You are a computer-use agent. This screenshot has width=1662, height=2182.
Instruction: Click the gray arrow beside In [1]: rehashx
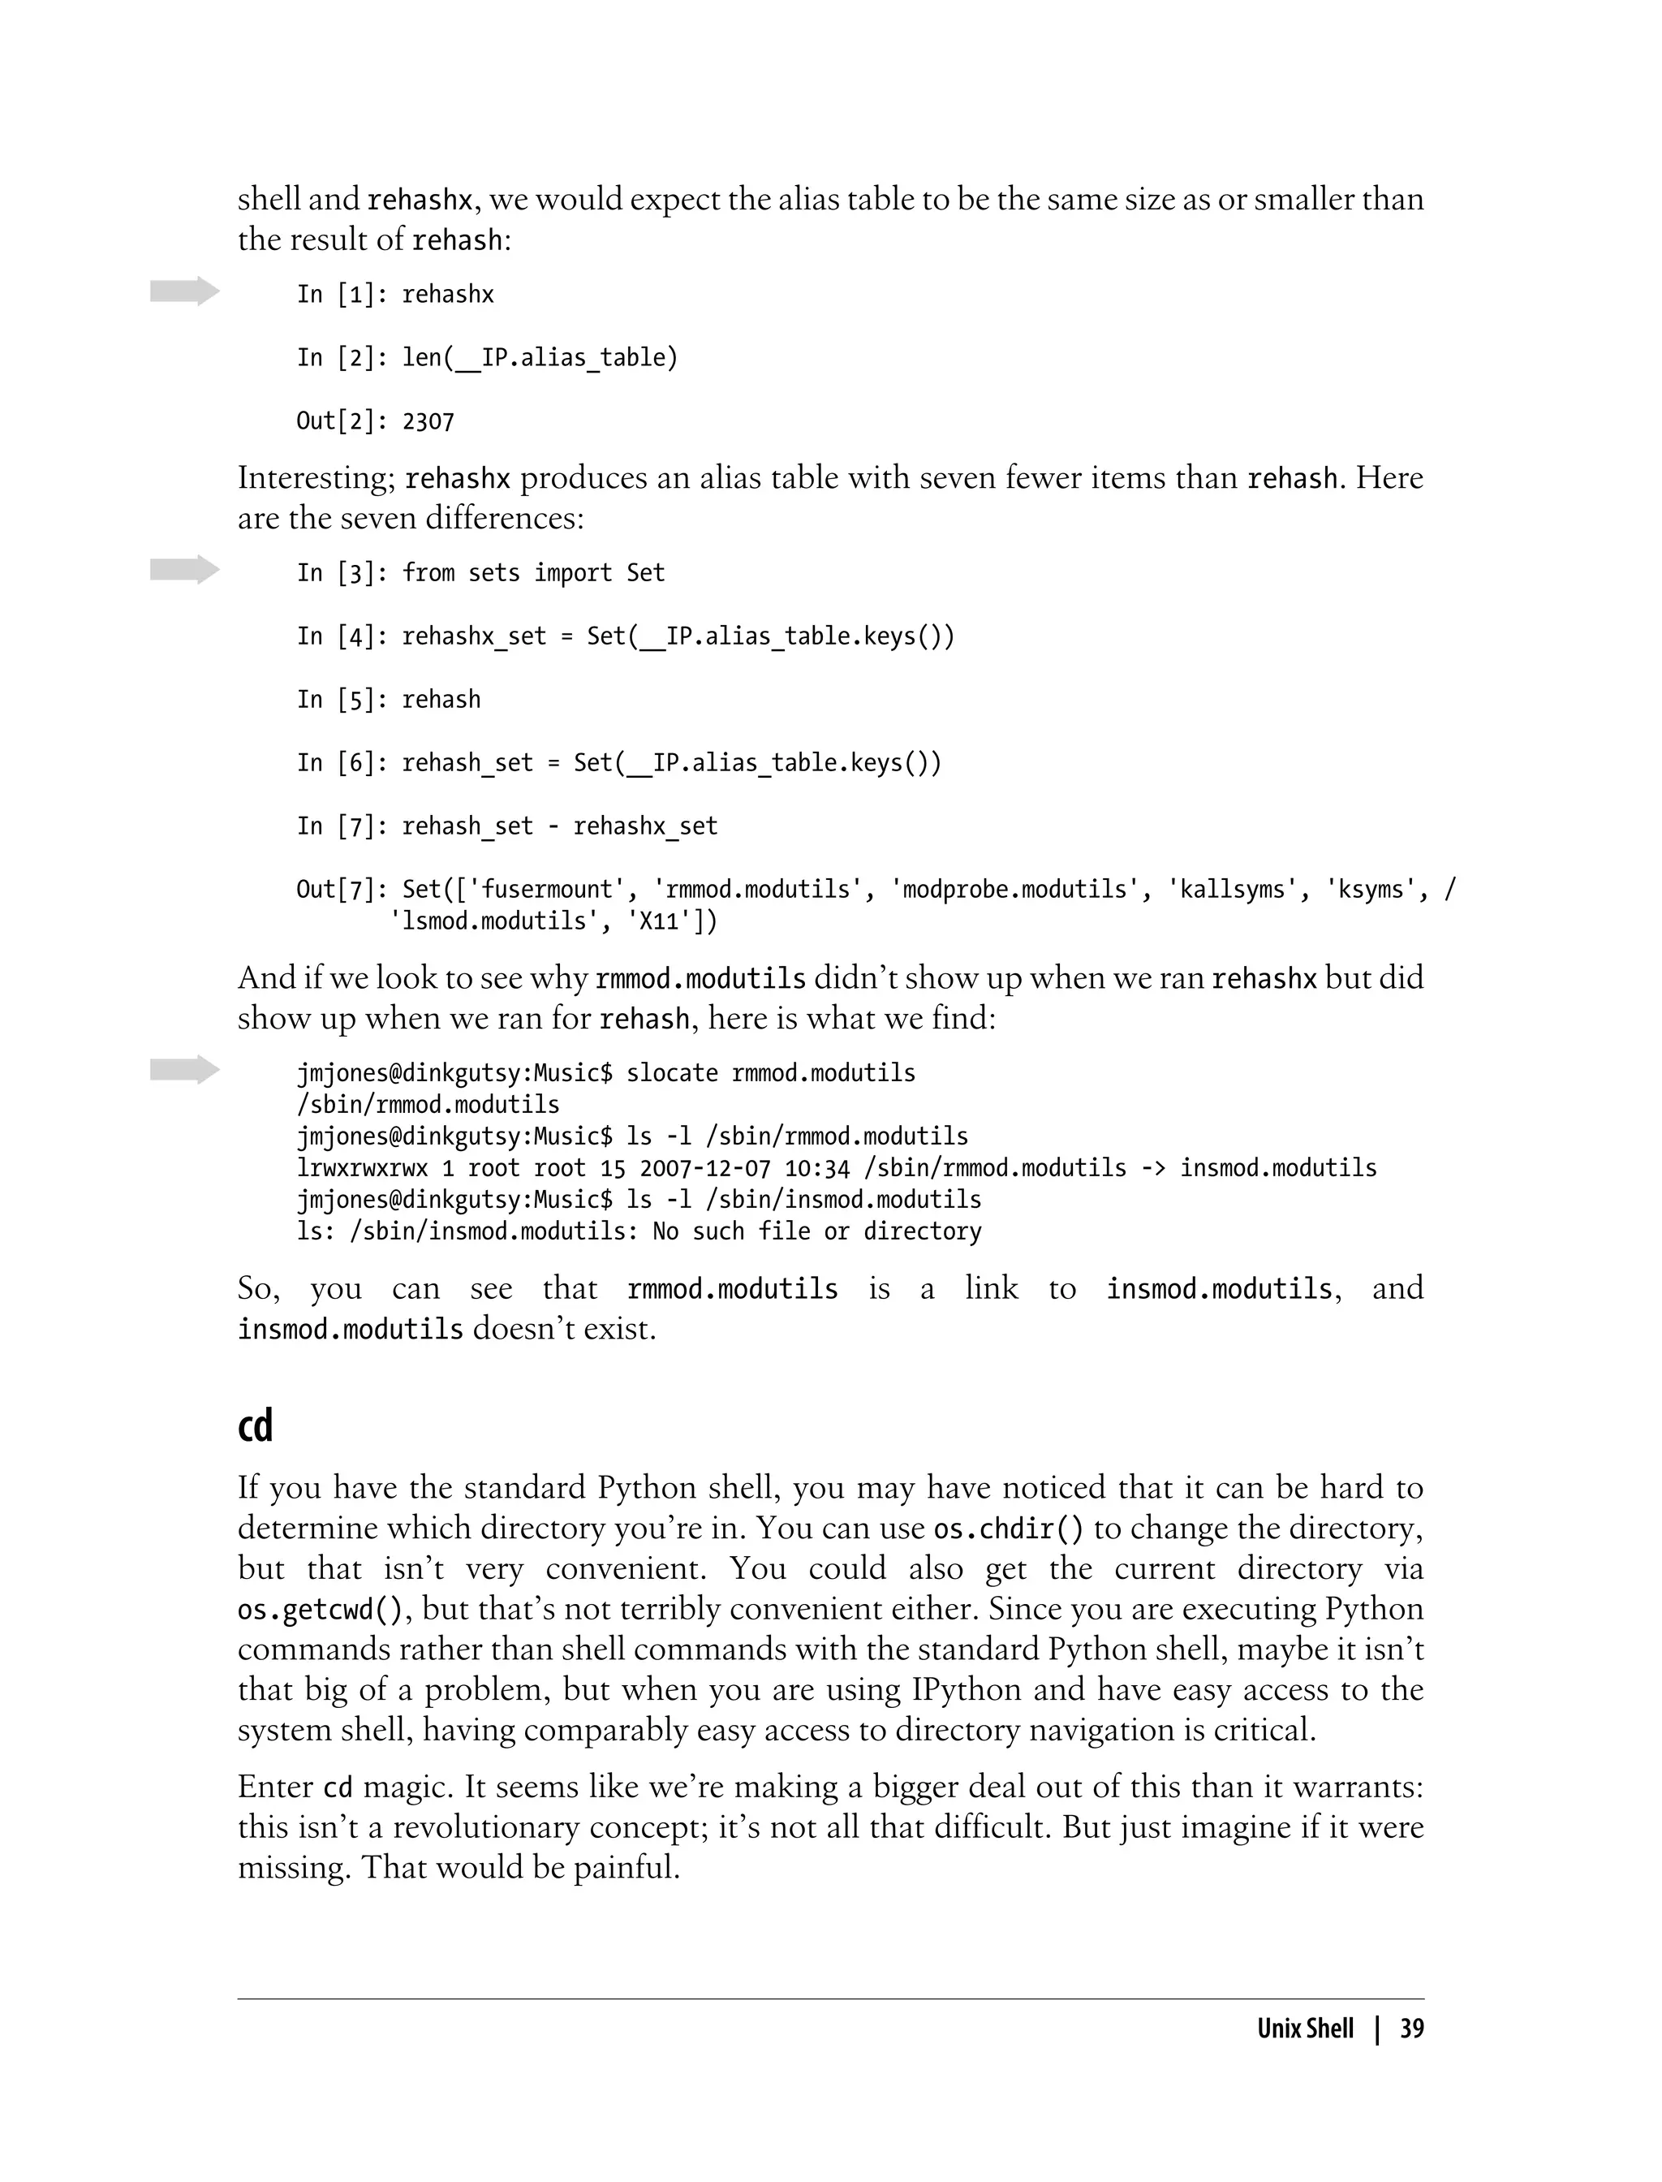pos(185,291)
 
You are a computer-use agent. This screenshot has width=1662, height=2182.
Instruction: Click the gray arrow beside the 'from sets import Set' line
pos(185,570)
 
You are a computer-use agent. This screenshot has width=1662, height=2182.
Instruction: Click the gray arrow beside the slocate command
pos(185,1070)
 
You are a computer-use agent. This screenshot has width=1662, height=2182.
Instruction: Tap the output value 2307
pos(428,421)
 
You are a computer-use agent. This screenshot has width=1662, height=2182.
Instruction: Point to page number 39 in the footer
pos(1412,2029)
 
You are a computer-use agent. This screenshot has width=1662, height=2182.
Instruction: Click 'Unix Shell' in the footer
pos(1305,2029)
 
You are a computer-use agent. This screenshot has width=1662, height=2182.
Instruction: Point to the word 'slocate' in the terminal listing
pos(672,1072)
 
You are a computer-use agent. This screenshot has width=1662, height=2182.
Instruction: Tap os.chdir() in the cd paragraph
pos(1008,1528)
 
